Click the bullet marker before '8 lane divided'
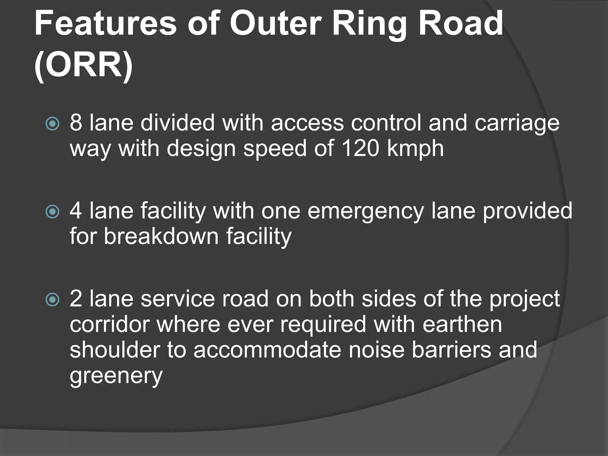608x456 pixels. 53,124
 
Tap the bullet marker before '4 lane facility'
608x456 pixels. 53,212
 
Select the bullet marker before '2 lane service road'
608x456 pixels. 53,300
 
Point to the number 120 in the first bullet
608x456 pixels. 360,148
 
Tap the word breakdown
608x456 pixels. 161,236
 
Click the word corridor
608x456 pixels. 110,324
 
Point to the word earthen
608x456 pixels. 462,324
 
